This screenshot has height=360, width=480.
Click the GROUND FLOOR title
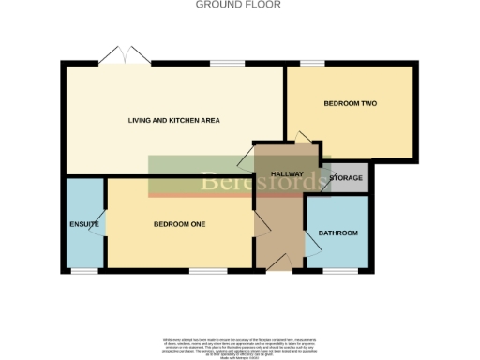coord(239,5)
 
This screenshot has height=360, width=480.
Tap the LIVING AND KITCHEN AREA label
coord(174,121)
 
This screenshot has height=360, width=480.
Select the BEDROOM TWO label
coord(350,103)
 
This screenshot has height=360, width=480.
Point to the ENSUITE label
coord(83,224)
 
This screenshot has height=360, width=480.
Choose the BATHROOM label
coord(337,232)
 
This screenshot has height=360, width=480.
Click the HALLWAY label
coord(287,175)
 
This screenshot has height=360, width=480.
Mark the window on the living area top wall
coord(223,63)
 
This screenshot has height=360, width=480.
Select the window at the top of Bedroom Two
coord(312,63)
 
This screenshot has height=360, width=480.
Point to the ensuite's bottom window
coord(84,271)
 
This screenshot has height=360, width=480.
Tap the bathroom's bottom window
coord(337,271)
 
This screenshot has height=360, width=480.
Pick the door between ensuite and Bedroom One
coord(100,225)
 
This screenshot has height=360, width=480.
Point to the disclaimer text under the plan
coord(239,344)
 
